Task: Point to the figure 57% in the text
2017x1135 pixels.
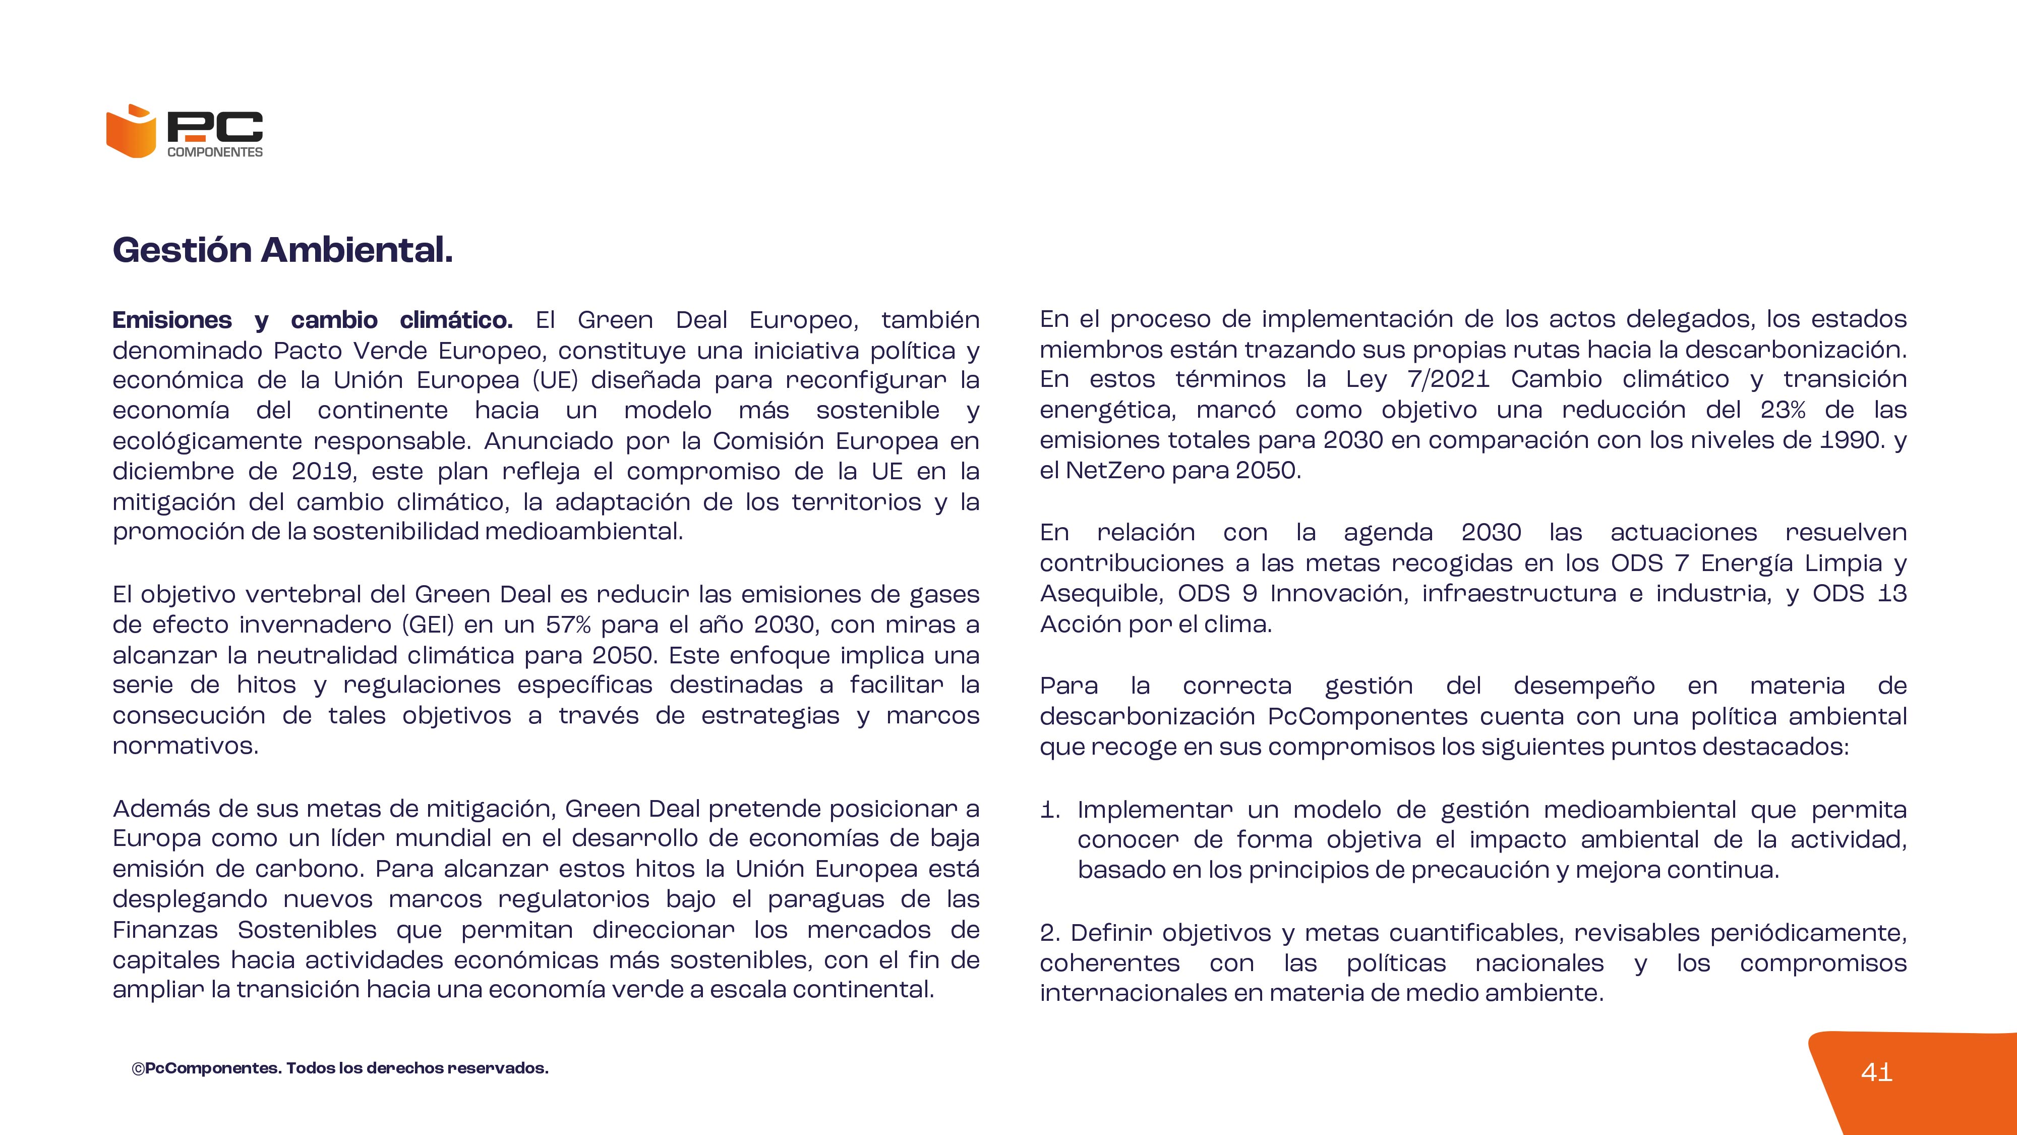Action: [x=568, y=625]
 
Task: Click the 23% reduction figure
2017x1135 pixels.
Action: [x=1783, y=410]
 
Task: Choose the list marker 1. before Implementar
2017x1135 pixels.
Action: [x=1050, y=809]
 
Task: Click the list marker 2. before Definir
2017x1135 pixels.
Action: [x=1050, y=932]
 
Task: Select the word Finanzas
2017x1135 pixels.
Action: [x=165, y=930]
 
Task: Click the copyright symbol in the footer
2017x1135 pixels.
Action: [x=138, y=1068]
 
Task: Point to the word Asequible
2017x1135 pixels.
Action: [x=1100, y=593]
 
